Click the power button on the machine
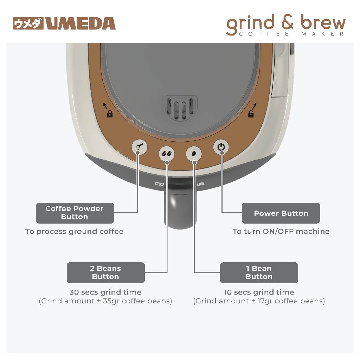click(221, 146)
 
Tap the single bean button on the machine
click(194, 153)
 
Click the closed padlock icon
click(110, 114)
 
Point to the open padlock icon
click(251, 114)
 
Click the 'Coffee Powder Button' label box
click(75, 213)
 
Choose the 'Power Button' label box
click(281, 213)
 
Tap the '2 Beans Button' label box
click(105, 272)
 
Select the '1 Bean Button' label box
click(259, 272)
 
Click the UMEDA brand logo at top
click(64, 24)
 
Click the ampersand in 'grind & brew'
click(287, 23)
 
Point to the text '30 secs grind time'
click(105, 292)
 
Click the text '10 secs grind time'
click(259, 292)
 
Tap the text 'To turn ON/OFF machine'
click(281, 231)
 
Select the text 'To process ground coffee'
click(75, 231)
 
